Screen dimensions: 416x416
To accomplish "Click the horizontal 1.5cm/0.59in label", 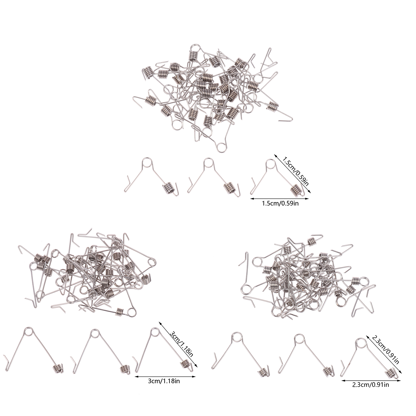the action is (x=280, y=203).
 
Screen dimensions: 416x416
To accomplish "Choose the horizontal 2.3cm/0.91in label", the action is (x=370, y=385).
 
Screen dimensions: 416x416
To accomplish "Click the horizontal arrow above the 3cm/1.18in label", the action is (x=165, y=376).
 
